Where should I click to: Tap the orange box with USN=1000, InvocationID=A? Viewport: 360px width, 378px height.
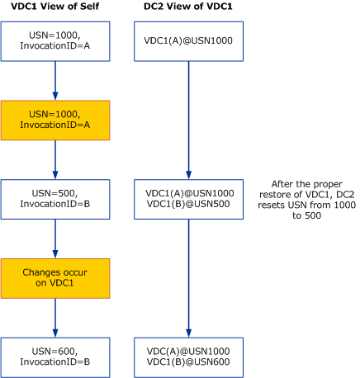point(54,120)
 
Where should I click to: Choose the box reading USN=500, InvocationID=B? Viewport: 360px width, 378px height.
point(54,198)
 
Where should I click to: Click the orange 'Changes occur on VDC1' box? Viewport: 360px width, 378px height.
point(54,276)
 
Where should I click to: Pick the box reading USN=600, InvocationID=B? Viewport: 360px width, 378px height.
point(54,356)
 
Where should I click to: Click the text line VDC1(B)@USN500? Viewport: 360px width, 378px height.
point(189,204)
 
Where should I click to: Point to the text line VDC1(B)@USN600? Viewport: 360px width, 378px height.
point(189,361)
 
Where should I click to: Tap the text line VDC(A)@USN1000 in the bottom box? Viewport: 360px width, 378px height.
point(189,350)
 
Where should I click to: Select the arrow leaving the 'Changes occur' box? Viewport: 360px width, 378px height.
point(54,316)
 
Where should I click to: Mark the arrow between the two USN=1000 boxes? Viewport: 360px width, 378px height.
point(54,81)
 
